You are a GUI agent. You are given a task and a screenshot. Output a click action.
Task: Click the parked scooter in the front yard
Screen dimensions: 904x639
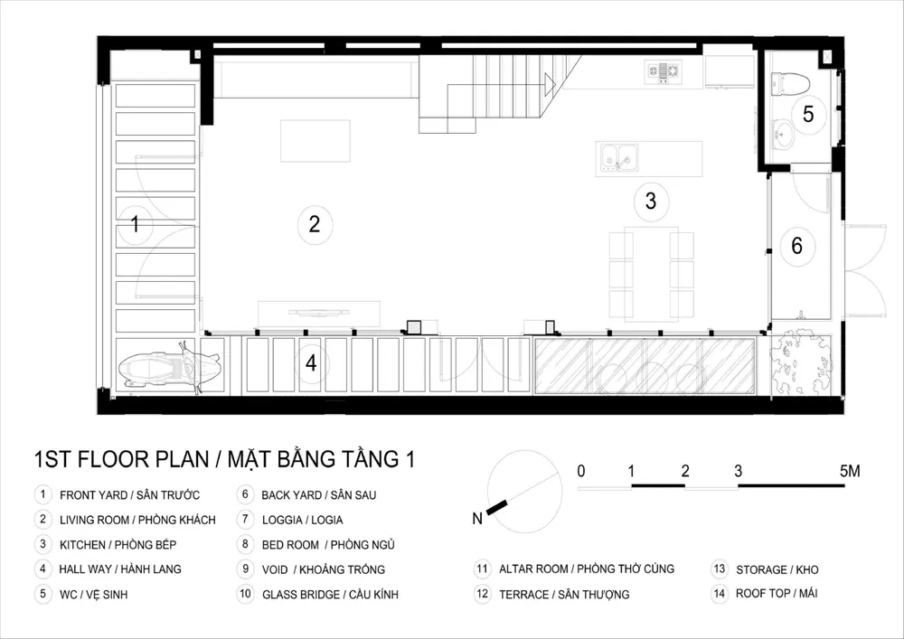point(171,368)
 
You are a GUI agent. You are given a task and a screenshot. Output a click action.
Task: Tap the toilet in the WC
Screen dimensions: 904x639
point(790,83)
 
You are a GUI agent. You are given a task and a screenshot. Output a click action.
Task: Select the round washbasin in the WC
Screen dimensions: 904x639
point(782,135)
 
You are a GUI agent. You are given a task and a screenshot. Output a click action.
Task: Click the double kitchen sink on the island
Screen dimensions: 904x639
point(619,158)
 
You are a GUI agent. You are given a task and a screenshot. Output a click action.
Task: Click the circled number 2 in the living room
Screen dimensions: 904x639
point(315,224)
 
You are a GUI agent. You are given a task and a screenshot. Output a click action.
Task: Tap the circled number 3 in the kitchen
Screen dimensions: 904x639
point(651,201)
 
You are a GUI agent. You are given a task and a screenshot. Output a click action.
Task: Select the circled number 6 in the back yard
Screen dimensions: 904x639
point(796,246)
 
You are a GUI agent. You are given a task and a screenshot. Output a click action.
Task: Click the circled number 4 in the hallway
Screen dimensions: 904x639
point(311,363)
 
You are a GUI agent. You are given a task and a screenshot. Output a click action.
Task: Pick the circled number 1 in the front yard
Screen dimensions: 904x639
point(136,223)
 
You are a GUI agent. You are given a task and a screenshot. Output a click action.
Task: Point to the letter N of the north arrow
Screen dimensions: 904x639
point(477,519)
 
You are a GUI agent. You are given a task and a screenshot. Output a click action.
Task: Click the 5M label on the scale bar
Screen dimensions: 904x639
point(850,471)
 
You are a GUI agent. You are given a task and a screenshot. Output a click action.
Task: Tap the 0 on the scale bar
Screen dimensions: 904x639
point(581,471)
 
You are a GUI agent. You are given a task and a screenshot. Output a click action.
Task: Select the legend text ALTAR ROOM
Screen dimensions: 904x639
point(533,569)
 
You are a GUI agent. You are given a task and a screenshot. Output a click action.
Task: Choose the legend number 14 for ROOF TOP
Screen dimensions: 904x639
point(719,594)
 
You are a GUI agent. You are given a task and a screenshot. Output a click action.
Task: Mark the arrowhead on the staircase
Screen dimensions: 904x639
point(550,85)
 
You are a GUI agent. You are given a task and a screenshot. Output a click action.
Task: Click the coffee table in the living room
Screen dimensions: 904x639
point(315,141)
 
